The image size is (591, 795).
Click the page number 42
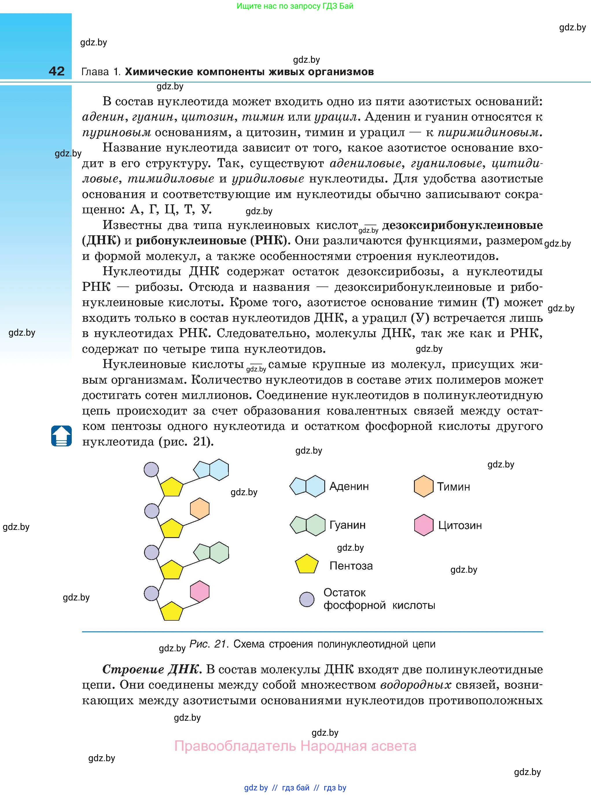click(x=56, y=71)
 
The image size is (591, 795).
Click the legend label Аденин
click(x=349, y=486)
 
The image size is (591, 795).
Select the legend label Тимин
click(x=453, y=487)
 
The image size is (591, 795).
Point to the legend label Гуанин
click(x=347, y=525)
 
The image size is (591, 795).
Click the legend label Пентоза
click(x=351, y=565)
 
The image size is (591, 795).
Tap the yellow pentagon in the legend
click(x=307, y=564)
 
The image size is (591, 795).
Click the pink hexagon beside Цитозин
click(x=424, y=525)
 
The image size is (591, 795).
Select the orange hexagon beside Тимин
click(x=424, y=486)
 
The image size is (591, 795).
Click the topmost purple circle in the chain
click(x=151, y=469)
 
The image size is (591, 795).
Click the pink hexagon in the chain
click(x=200, y=591)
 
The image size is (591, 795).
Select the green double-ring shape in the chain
click(x=211, y=553)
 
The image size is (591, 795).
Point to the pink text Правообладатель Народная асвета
click(x=295, y=746)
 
